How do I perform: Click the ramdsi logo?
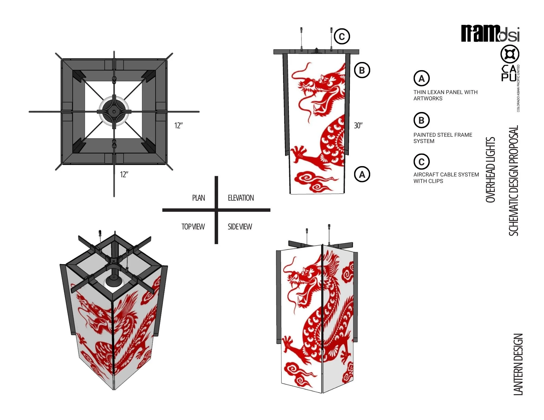click(490, 33)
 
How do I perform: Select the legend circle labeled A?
click(421, 78)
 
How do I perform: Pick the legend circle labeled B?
click(421, 120)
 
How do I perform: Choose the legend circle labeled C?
click(421, 162)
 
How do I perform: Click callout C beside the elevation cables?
click(342, 36)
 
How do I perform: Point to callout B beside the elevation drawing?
click(362, 70)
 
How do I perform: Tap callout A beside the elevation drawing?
click(362, 174)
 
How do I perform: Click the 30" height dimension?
click(358, 126)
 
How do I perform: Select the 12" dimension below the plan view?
click(124, 175)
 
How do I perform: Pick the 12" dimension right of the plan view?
click(178, 126)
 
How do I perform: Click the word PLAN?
click(199, 198)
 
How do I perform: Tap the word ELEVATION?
click(241, 198)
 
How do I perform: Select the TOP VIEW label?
click(193, 227)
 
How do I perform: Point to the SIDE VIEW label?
click(240, 227)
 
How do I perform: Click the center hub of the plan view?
click(114, 111)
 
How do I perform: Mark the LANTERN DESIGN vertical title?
click(518, 364)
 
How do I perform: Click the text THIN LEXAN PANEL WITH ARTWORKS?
click(446, 95)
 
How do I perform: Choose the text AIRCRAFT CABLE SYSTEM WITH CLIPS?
click(446, 178)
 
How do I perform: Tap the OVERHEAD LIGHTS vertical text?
click(490, 170)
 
